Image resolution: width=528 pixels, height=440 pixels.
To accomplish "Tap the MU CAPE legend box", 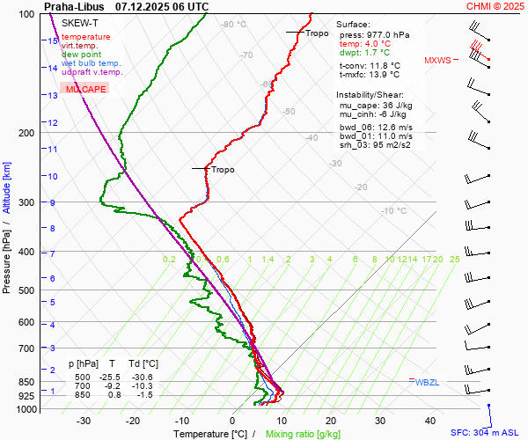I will (x=85, y=90).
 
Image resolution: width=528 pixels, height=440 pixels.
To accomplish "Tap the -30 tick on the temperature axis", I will (x=84, y=421).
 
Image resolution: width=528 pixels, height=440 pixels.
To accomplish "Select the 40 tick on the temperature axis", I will (x=430, y=421).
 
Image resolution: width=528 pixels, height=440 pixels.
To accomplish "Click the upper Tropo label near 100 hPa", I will (x=317, y=33).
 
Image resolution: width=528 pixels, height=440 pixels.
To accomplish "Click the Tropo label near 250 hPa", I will (x=223, y=169).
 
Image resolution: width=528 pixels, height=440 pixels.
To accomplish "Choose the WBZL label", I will (x=427, y=383).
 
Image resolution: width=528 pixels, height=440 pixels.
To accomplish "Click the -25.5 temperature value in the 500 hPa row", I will (x=111, y=377).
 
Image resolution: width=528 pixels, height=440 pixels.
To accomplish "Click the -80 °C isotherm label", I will (x=234, y=25).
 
